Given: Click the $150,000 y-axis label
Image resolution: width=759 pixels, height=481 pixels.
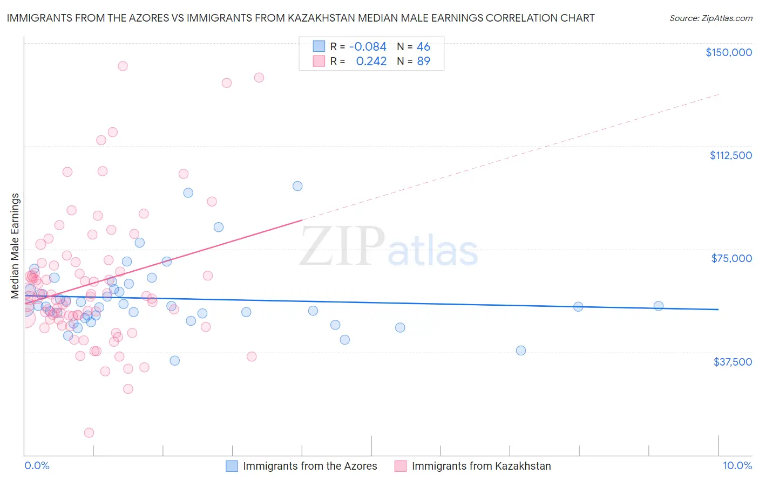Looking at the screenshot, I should (x=728, y=52).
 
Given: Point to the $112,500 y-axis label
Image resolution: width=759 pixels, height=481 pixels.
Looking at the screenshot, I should (x=730, y=155).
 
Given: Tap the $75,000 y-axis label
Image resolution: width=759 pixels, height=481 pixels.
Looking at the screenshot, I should (x=731, y=258).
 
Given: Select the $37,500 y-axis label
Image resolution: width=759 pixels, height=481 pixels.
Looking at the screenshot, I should (x=733, y=362).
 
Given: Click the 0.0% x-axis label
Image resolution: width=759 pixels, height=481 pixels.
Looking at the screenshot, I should (x=37, y=465).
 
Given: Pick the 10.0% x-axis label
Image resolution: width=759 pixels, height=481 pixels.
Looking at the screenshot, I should (x=737, y=465).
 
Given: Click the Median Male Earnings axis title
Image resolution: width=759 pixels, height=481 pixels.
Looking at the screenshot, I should (x=15, y=246).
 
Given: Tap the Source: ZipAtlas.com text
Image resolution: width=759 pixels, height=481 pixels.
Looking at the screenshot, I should (x=710, y=18).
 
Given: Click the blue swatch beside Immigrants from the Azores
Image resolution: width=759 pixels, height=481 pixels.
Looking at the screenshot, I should (x=232, y=466).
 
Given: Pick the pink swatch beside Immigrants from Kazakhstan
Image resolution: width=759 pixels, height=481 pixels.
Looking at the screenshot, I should (x=401, y=466).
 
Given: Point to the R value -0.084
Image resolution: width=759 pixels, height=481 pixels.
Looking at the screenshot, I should (x=368, y=47).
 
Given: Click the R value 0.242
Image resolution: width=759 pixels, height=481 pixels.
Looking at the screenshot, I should (x=371, y=61).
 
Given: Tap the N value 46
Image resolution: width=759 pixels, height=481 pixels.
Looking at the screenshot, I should (x=423, y=47).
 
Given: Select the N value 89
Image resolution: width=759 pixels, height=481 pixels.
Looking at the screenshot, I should (x=423, y=61).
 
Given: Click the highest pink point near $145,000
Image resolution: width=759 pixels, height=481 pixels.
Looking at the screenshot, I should (x=123, y=66).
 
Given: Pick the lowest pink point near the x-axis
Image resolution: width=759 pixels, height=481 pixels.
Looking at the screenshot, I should (x=89, y=432).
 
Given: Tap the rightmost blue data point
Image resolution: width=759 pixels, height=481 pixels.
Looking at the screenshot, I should (x=658, y=306).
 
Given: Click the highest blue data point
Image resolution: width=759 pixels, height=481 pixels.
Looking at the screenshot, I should (x=297, y=186).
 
